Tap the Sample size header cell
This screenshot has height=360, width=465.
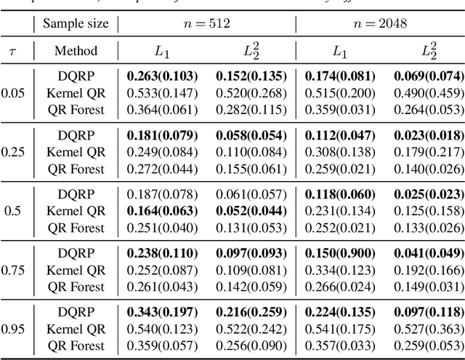pos(76,23)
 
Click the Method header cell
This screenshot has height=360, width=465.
pos(76,51)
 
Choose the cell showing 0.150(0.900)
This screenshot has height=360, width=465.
pos(339,254)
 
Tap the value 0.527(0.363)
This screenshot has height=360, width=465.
pos(427,329)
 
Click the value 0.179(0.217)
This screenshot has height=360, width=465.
pos(427,151)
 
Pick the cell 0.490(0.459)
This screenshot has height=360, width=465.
pos(427,92)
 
